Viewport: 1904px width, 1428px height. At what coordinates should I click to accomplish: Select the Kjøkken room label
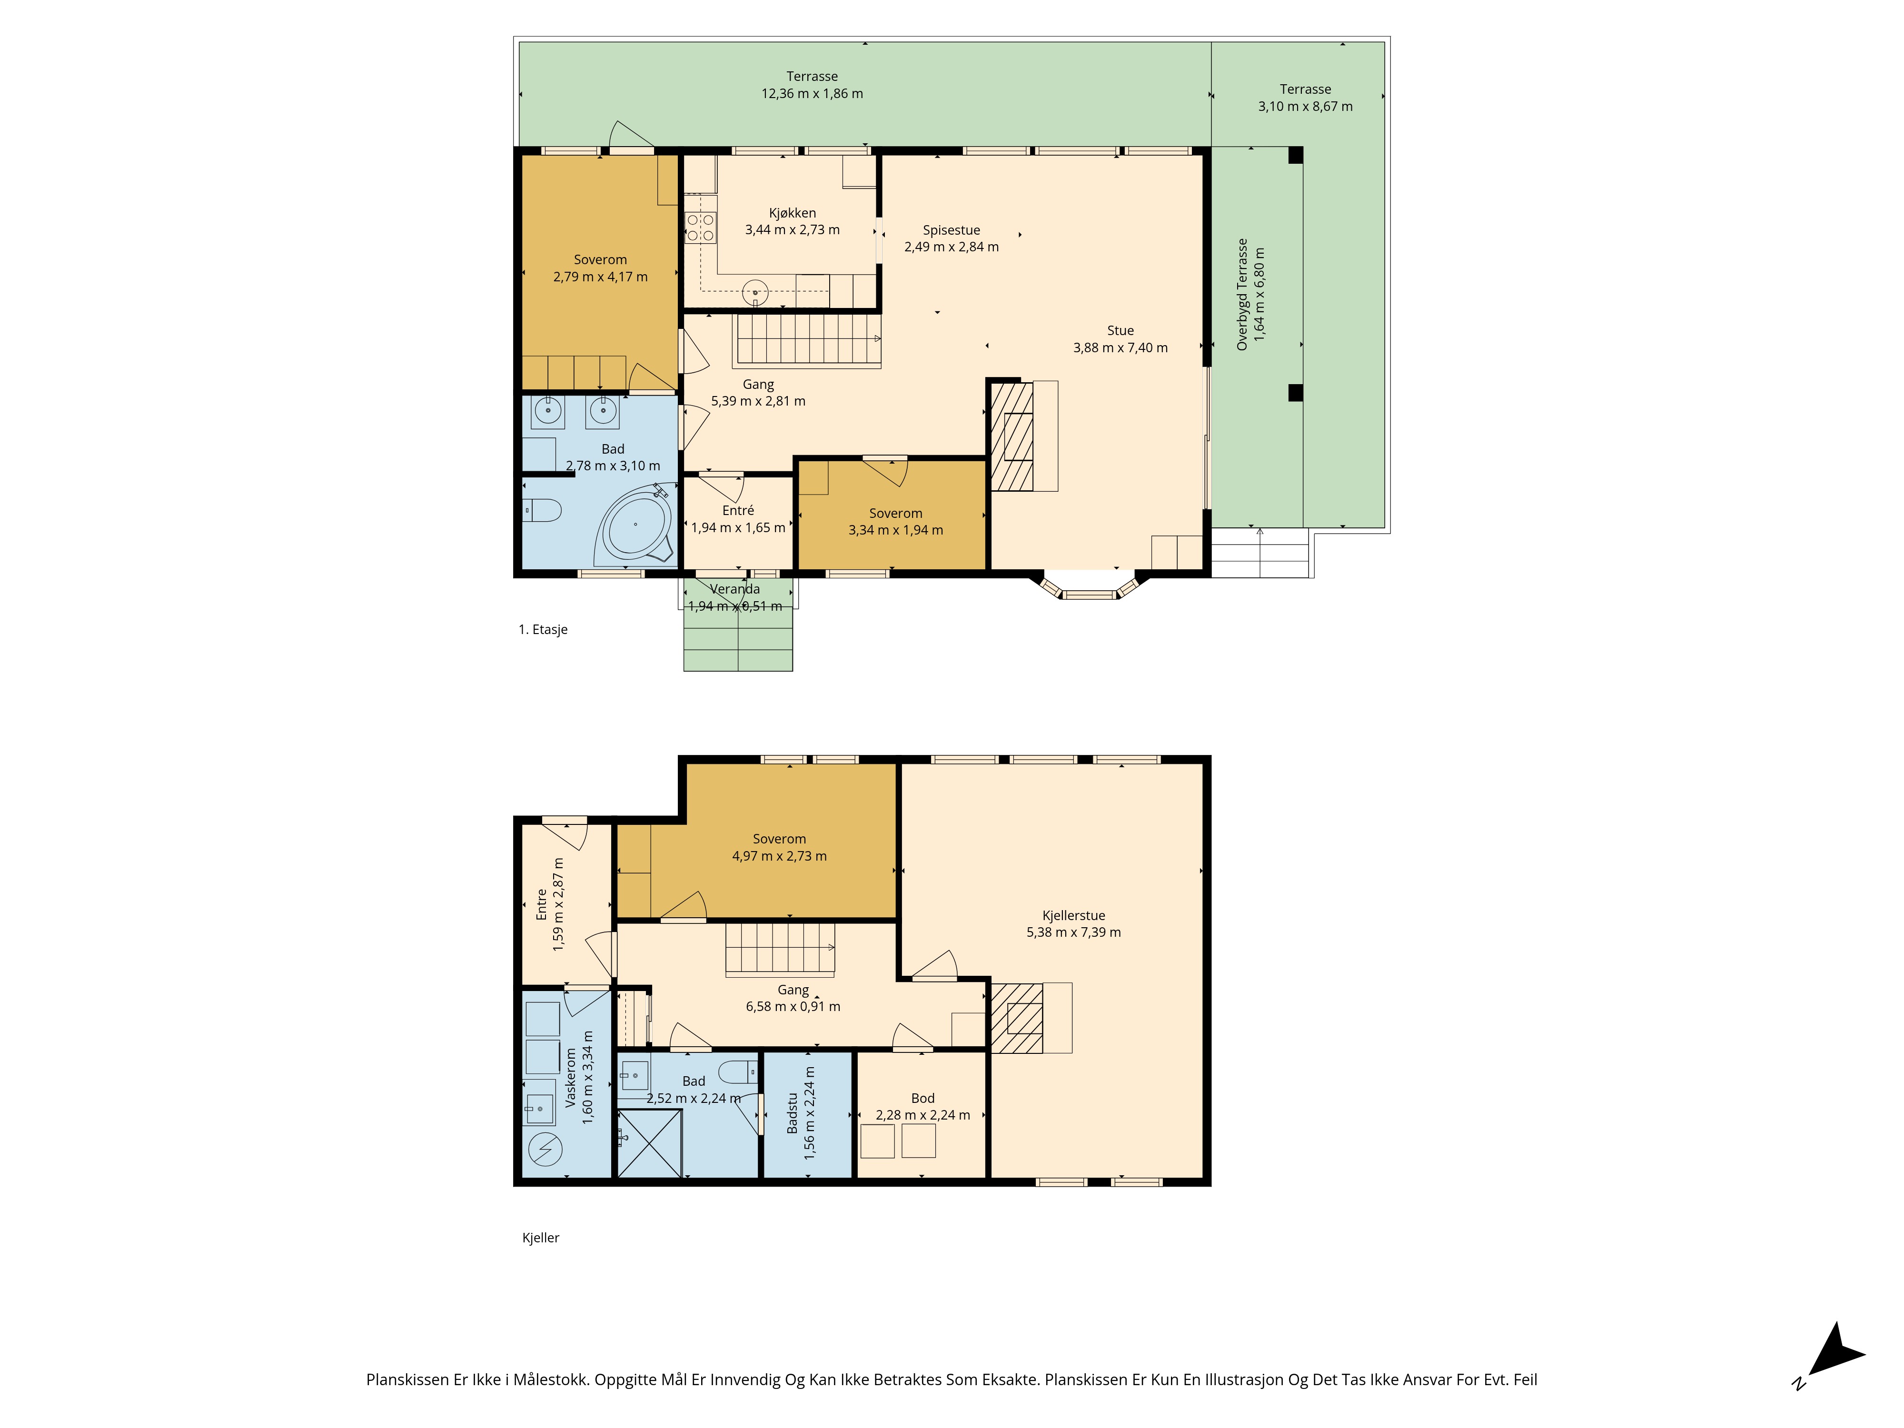[x=792, y=213]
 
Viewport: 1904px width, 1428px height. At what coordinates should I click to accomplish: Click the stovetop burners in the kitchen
[x=700, y=227]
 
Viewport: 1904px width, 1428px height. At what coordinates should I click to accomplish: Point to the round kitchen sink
[x=755, y=293]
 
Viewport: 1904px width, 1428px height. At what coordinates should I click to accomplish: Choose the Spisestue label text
[x=951, y=230]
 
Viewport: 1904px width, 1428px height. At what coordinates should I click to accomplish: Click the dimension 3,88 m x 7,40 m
[x=1120, y=348]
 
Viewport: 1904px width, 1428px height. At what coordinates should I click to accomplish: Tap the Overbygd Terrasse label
[x=1242, y=294]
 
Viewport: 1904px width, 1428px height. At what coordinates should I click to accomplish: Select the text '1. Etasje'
[x=542, y=629]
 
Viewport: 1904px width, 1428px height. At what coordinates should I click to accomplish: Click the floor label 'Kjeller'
[x=541, y=1238]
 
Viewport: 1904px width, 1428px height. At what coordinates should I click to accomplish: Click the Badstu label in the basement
[x=793, y=1113]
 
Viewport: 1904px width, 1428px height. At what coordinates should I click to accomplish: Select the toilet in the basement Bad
[x=738, y=1071]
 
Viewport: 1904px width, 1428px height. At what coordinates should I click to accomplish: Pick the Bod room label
[x=923, y=1098]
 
